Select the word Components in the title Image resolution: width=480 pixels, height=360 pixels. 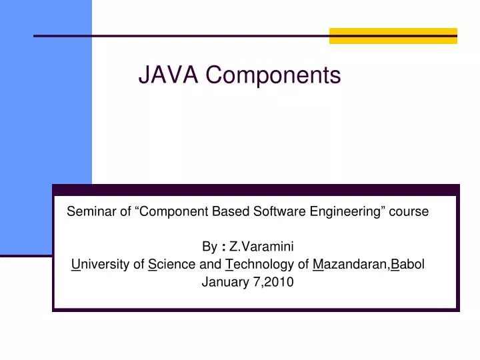click(273, 75)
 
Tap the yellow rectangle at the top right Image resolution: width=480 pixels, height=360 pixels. click(393, 36)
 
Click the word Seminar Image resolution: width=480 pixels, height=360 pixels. click(89, 212)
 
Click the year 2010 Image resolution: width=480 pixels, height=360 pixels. click(279, 282)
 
